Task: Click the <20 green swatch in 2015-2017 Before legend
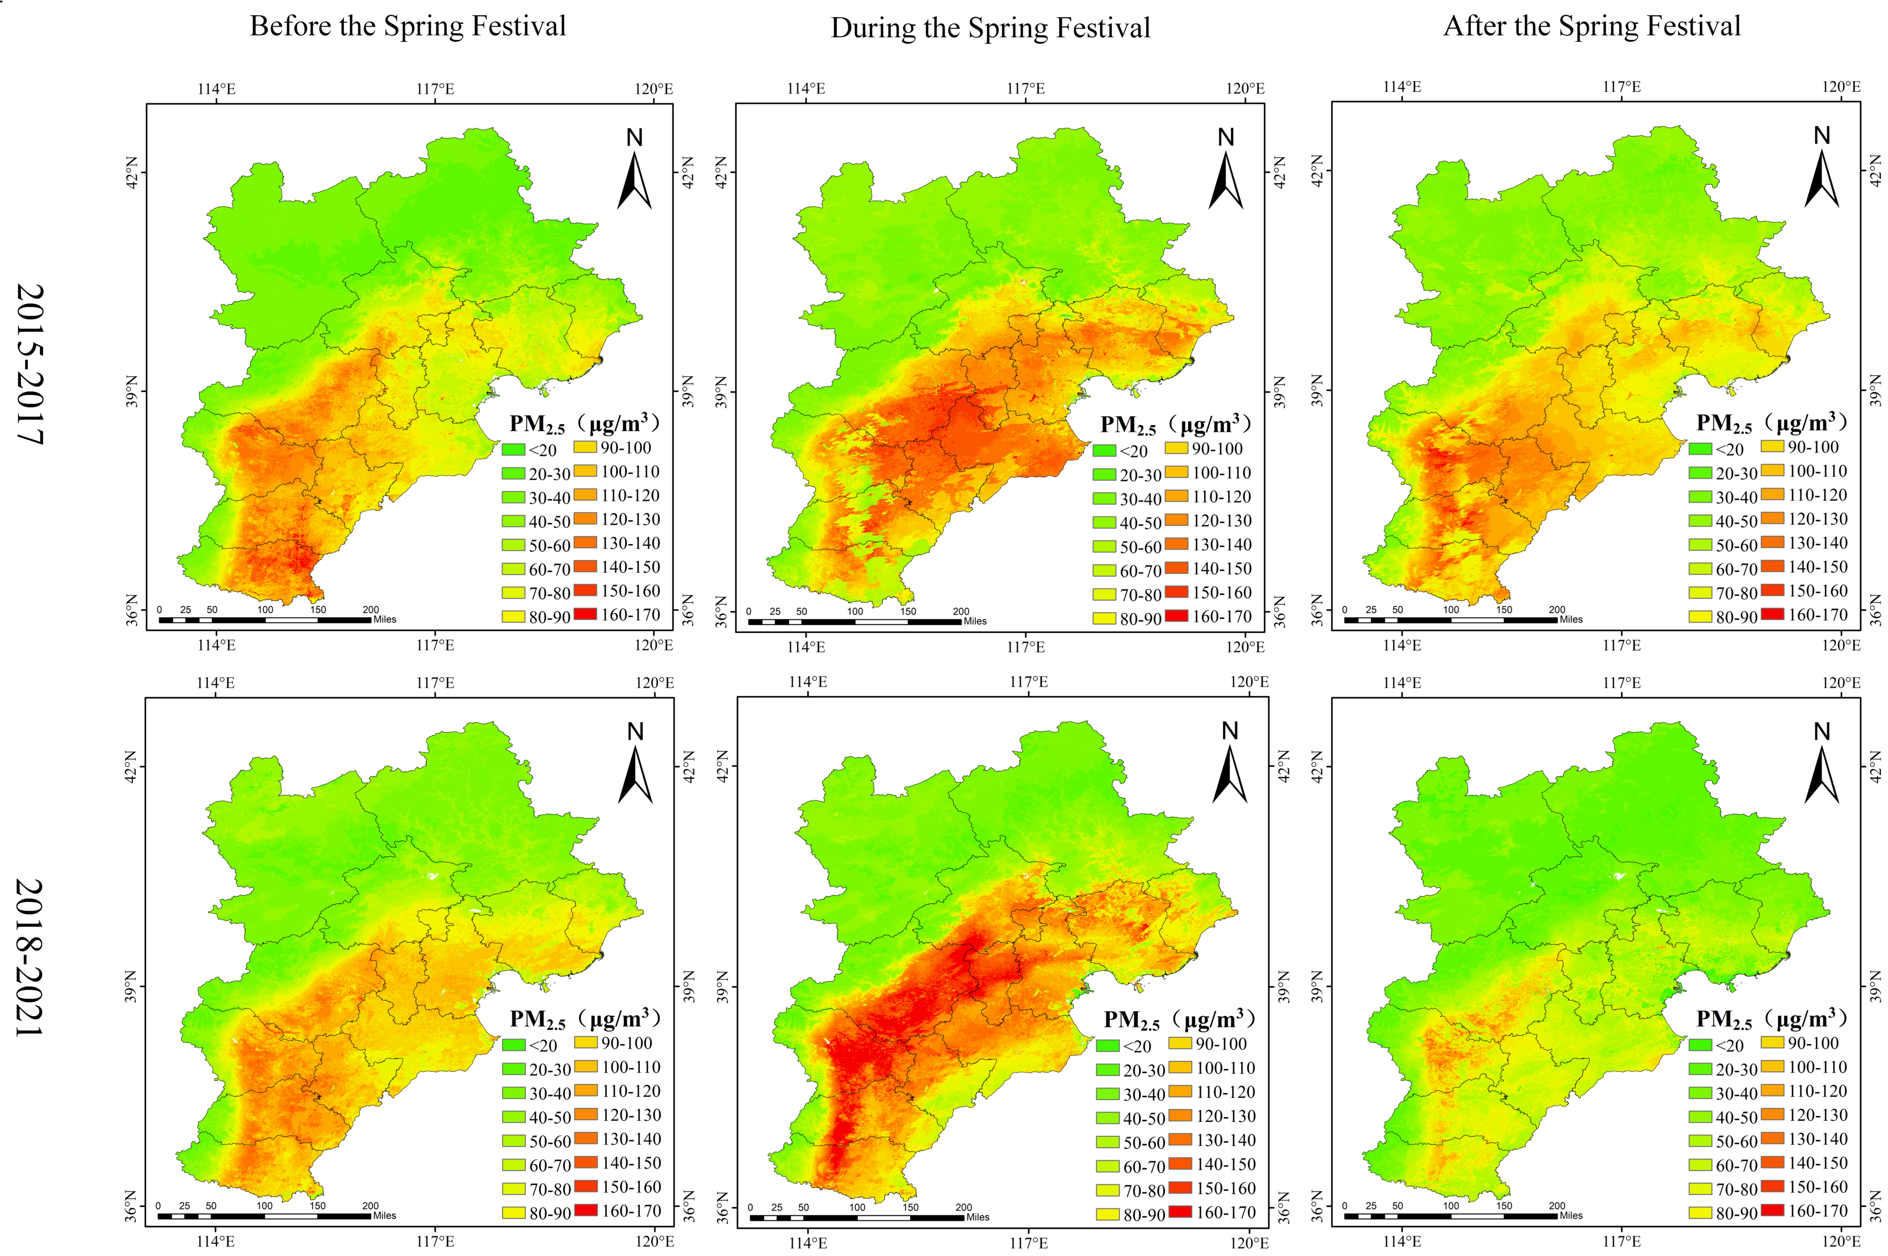(513, 449)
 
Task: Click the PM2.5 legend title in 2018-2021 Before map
(585, 1019)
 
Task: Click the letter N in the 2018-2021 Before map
(635, 731)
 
